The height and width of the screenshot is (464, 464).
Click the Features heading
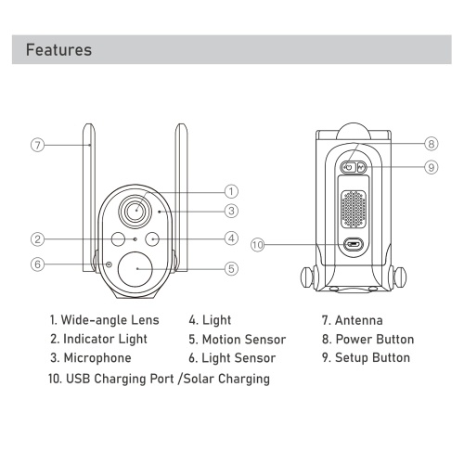point(58,50)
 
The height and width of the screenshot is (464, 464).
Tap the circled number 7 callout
point(38,145)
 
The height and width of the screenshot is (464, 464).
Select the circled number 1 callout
point(231,191)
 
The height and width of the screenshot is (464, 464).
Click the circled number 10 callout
point(257,245)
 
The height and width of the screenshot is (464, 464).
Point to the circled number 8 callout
point(432,144)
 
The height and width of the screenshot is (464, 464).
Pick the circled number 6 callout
point(38,264)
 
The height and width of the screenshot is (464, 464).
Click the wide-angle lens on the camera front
point(135,212)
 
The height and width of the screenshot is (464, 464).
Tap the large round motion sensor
point(135,269)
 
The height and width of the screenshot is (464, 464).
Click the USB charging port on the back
point(354,245)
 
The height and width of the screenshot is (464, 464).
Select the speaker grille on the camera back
point(354,209)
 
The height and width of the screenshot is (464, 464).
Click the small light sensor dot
point(109,264)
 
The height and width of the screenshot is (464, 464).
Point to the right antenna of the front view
point(181,198)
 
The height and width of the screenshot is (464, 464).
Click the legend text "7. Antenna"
point(352,320)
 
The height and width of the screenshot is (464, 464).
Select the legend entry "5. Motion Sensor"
point(238,340)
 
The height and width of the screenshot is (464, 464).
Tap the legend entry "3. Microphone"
point(91,358)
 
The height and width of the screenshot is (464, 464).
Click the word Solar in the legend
point(199,379)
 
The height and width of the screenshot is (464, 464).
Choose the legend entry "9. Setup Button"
point(366,357)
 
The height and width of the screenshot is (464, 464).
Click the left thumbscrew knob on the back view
point(307,277)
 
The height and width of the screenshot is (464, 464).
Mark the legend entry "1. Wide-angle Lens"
point(105,320)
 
